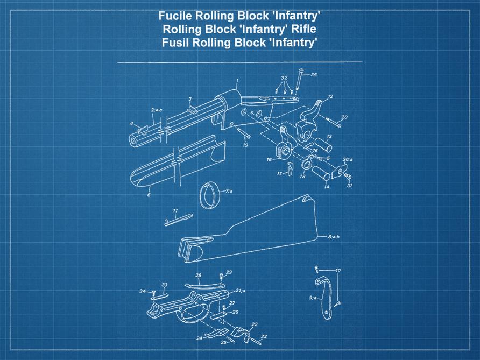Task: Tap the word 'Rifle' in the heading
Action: point(300,29)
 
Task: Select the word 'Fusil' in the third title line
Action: point(176,43)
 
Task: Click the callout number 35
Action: point(313,75)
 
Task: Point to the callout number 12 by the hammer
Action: point(330,97)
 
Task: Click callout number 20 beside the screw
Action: point(344,117)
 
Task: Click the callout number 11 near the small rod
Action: point(175,210)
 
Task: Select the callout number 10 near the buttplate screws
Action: point(337,270)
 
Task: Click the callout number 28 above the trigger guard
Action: point(198,276)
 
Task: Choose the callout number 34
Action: point(143,291)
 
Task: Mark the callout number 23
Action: point(263,336)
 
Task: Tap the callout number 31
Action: point(349,186)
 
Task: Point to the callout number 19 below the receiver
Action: point(245,145)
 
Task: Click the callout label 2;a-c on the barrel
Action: point(157,110)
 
